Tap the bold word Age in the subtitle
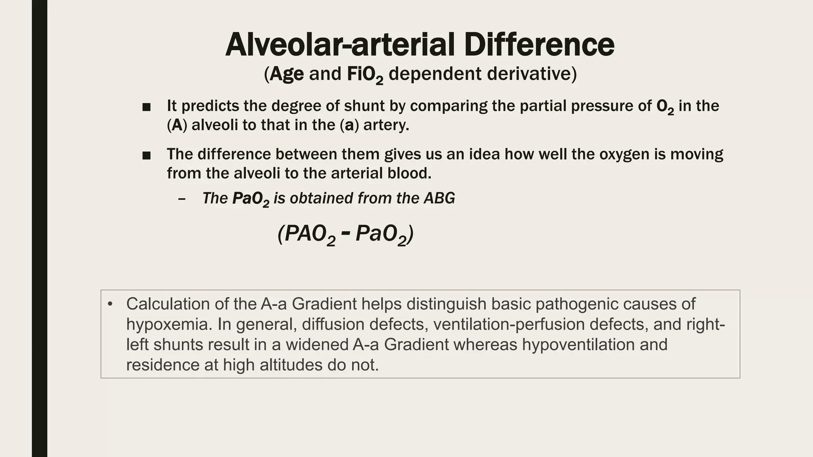click(287, 74)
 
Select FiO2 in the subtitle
click(365, 75)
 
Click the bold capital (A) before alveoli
click(177, 125)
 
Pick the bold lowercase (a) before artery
click(349, 125)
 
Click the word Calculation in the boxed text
click(168, 304)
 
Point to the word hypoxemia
click(169, 325)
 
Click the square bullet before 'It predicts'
click(146, 107)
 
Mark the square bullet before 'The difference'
click(146, 156)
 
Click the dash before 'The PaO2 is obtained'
click(182, 199)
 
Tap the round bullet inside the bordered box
click(110, 304)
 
